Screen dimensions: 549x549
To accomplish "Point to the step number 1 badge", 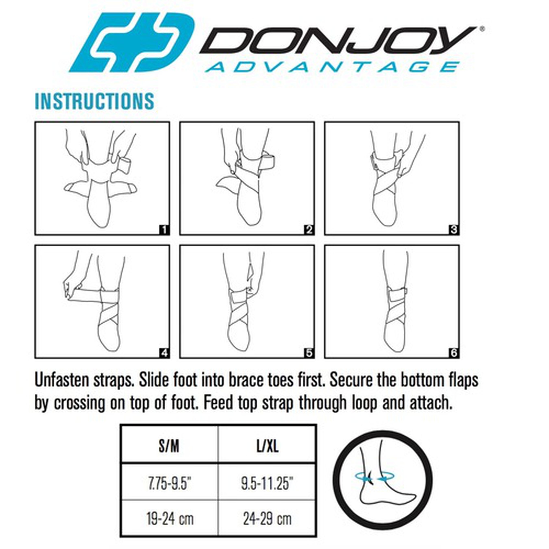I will pyautogui.click(x=164, y=230).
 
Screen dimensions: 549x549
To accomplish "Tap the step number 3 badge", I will pyautogui.click(x=454, y=230).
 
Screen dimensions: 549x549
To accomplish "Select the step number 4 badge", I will pyautogui.click(x=164, y=353).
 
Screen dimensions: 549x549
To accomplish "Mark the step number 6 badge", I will pyautogui.click(x=454, y=353).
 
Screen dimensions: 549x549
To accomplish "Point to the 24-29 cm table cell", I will pyautogui.click(x=267, y=518).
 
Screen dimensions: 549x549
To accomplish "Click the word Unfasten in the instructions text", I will pyautogui.click(x=62, y=380).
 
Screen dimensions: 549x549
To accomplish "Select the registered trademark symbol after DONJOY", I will pyautogui.click(x=482, y=29).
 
